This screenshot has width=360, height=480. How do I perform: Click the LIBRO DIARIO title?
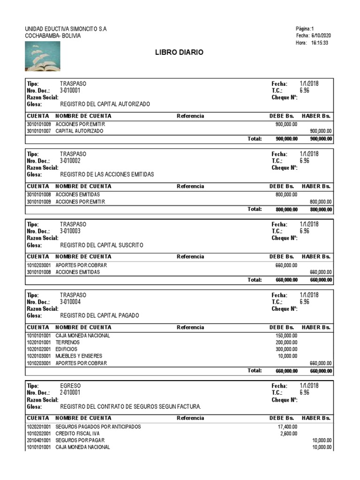pos(179,52)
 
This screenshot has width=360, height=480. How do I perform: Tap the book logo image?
pos(42,56)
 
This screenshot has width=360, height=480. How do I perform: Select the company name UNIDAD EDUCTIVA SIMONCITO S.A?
pos(66,29)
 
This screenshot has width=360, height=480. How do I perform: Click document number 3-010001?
pos(70,90)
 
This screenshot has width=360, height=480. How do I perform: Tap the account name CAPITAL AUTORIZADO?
pos(79,131)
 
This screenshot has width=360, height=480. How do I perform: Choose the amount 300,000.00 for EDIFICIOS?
pos(286,349)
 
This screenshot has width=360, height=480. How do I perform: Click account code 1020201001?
pos(39,427)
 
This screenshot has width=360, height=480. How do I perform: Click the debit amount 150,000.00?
pos(286,336)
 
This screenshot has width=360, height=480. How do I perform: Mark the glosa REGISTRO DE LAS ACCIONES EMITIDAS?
pos(107,174)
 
